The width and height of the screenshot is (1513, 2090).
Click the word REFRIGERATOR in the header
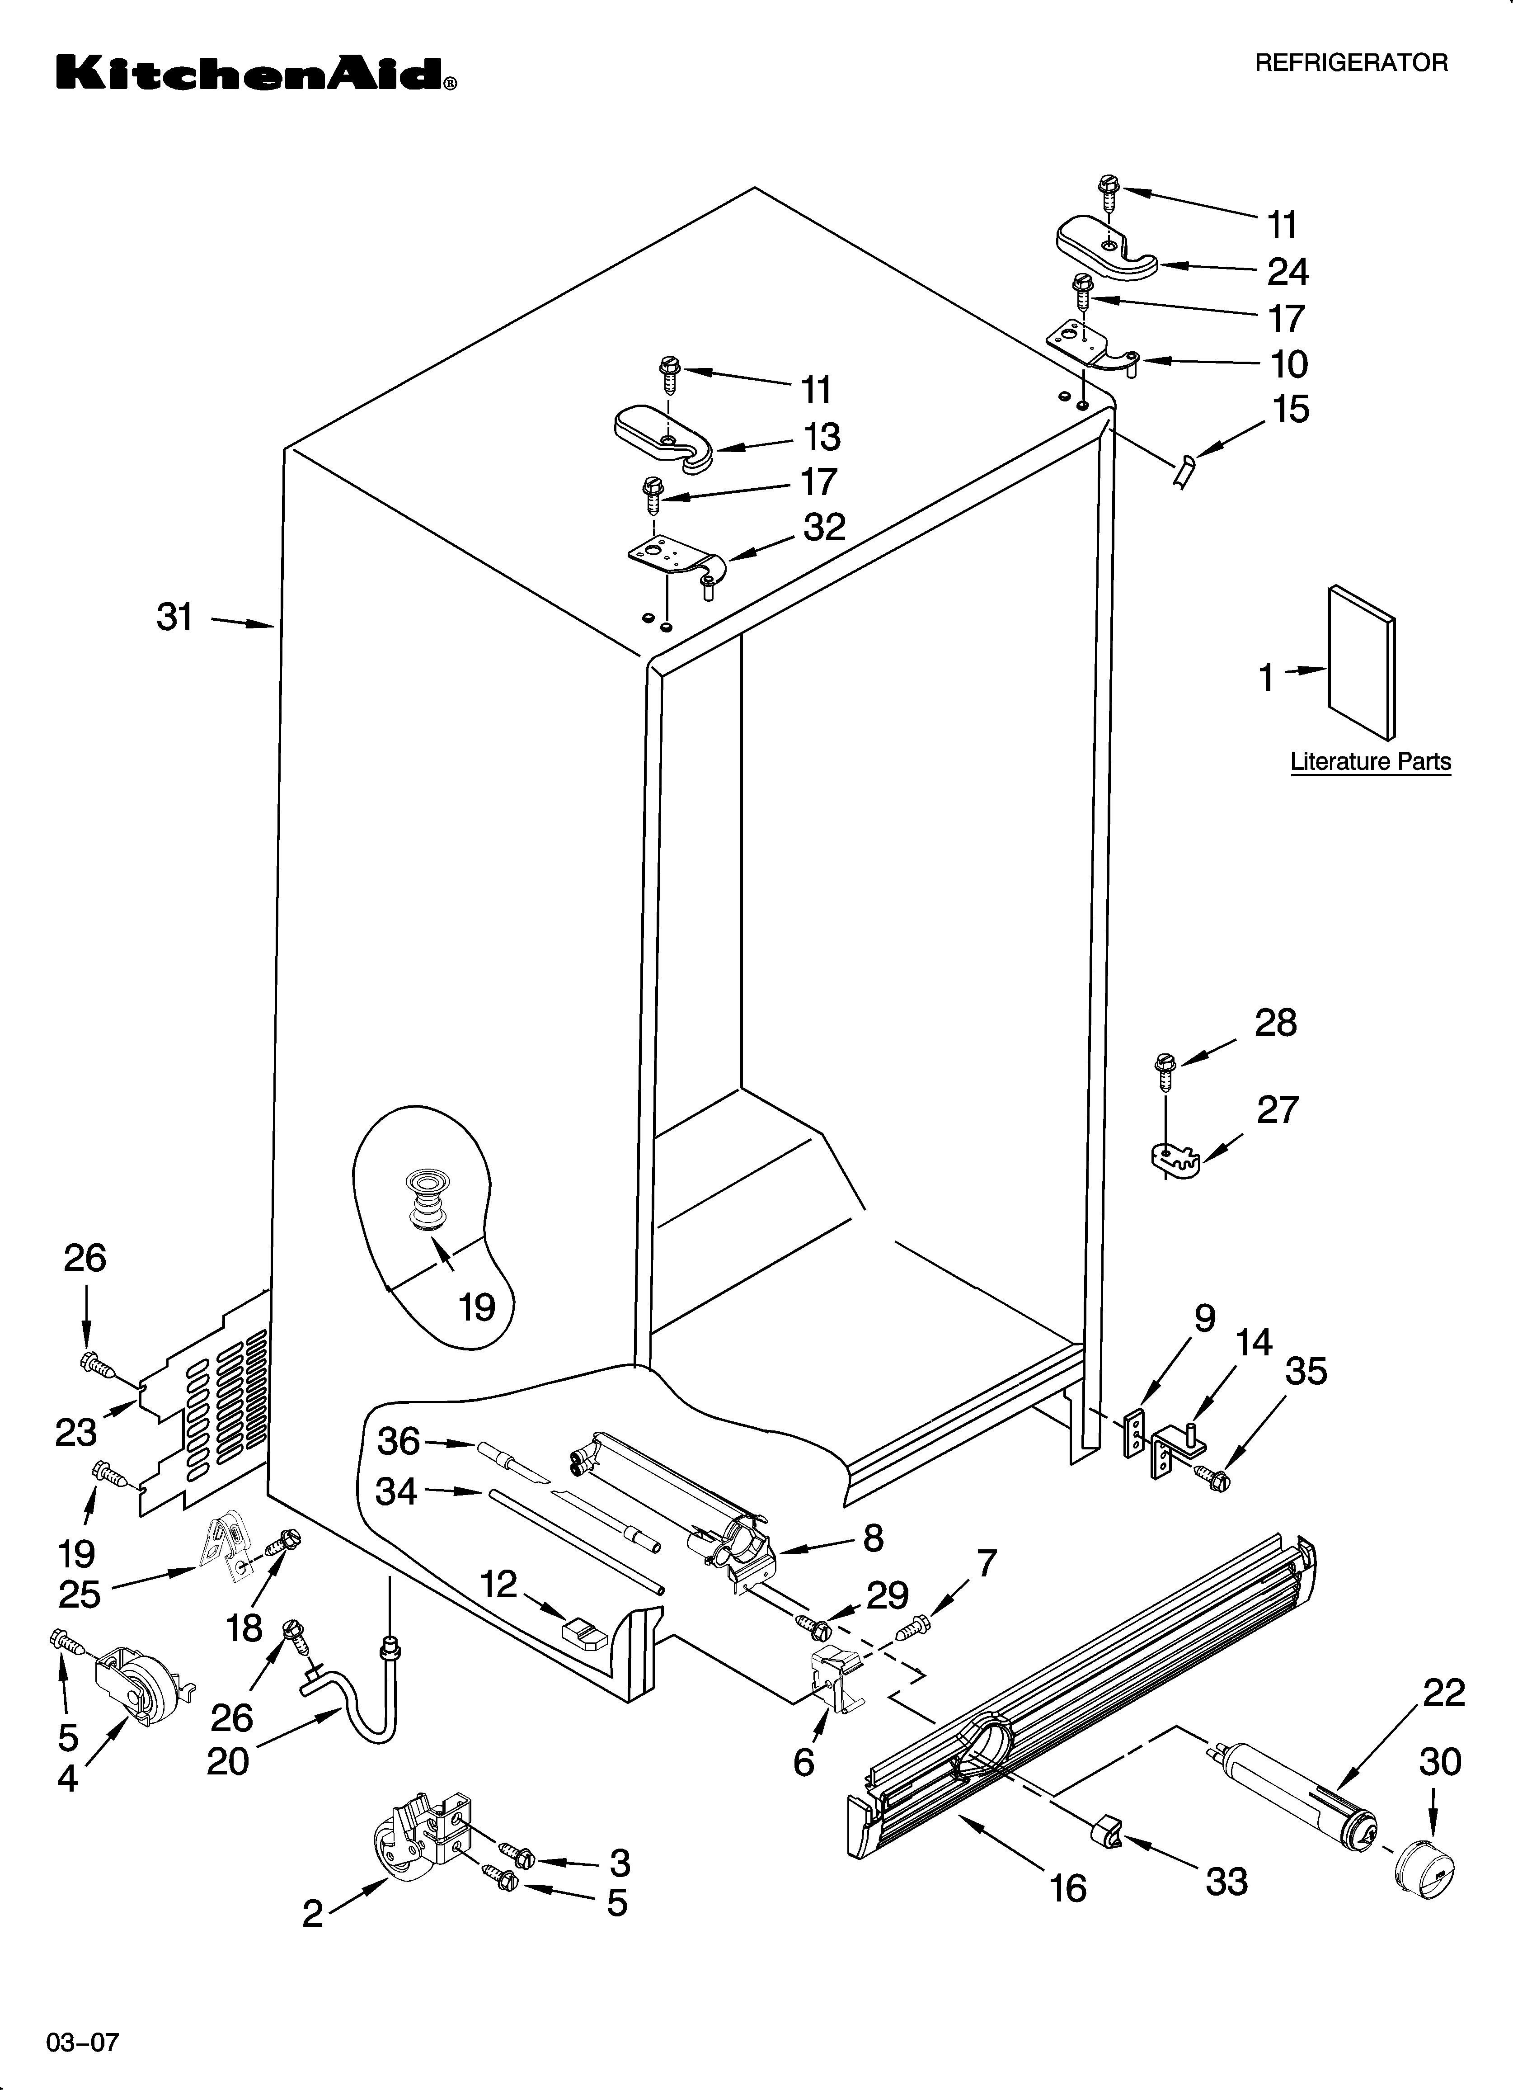point(1352,63)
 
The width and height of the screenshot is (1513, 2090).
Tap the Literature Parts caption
point(1370,762)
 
